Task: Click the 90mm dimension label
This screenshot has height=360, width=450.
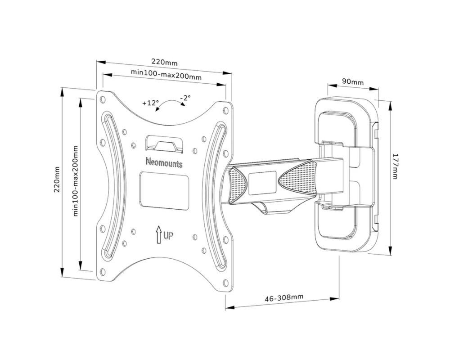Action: (x=352, y=82)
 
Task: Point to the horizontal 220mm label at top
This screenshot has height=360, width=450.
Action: (x=164, y=62)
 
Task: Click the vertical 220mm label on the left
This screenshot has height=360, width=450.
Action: (x=57, y=180)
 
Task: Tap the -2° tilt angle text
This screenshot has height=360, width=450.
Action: (x=185, y=98)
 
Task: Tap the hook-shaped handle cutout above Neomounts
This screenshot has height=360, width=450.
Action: (x=164, y=143)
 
